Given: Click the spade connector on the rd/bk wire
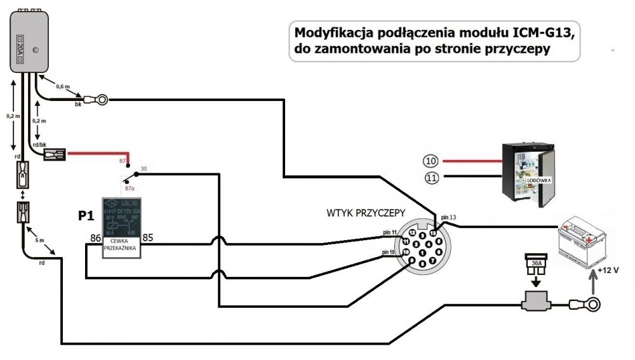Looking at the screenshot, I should coord(55,153).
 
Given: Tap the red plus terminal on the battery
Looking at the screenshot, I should coord(591,240).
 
